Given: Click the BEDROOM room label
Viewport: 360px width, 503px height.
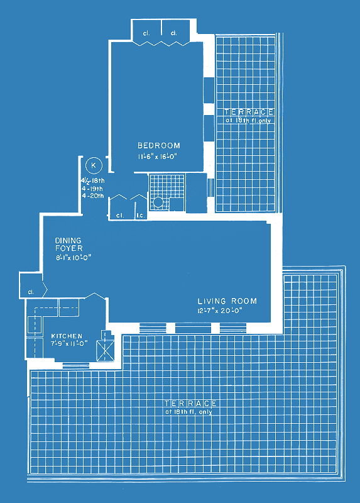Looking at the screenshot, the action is click(x=159, y=146).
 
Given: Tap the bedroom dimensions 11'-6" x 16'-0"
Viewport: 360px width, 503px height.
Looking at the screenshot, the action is click(x=158, y=157).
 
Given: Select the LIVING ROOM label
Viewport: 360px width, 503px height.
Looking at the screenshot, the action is click(x=227, y=301).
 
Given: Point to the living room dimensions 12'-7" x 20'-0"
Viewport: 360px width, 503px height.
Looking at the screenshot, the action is click(x=220, y=311).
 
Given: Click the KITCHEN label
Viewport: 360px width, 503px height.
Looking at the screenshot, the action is click(x=67, y=336).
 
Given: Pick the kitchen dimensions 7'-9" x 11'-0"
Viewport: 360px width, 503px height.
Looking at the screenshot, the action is click(x=69, y=343).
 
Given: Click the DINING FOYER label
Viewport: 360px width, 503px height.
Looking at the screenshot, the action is click(x=68, y=245).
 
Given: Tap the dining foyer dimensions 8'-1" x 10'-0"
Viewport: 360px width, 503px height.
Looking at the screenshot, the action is click(x=74, y=257).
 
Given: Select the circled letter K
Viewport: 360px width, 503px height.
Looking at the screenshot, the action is click(x=94, y=165).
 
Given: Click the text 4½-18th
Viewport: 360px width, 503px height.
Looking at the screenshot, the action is click(x=92, y=180).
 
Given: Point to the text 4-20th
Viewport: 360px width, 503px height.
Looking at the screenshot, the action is click(x=92, y=196).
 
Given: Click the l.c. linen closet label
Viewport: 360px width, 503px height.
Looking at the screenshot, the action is click(x=140, y=216).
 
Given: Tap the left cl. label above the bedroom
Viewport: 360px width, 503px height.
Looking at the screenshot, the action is click(x=146, y=33).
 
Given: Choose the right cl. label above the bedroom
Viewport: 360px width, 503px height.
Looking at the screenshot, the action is click(x=174, y=33).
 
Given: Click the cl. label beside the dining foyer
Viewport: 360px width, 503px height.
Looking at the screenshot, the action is click(x=31, y=292).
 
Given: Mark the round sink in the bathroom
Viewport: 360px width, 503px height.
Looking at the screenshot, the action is click(x=158, y=202).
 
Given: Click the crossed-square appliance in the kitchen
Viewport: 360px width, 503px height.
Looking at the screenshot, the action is click(x=106, y=350).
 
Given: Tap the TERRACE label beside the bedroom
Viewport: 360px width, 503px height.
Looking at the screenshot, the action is click(x=249, y=112).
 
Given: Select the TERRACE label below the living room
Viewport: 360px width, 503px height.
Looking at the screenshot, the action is click(x=191, y=403).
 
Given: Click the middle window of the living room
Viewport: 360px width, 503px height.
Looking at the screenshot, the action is click(x=193, y=328).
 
